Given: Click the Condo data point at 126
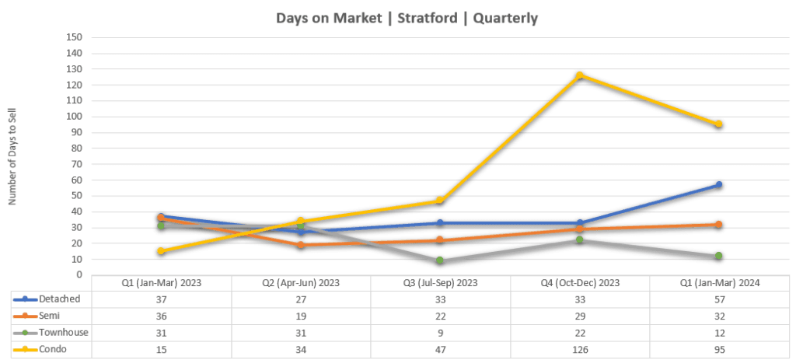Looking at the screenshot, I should pyautogui.click(x=579, y=75).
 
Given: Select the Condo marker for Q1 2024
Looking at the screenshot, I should pyautogui.click(x=719, y=124).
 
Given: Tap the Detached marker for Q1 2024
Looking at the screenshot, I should pyautogui.click(x=719, y=185).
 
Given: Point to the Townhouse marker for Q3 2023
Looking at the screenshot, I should pyautogui.click(x=440, y=260).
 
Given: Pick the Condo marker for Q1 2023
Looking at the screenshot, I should pyautogui.click(x=161, y=251).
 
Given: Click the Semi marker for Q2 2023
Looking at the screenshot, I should pyautogui.click(x=300, y=245).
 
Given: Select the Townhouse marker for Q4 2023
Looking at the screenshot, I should pyautogui.click(x=579, y=239).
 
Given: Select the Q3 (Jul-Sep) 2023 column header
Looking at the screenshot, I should pyautogui.click(x=440, y=284).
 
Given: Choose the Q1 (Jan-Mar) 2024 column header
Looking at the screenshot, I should pyautogui.click(x=719, y=284).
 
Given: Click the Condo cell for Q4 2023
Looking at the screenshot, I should pyautogui.click(x=579, y=350).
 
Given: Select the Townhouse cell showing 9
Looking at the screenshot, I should pyautogui.click(x=440, y=333).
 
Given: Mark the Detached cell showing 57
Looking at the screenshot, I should pyautogui.click(x=719, y=299).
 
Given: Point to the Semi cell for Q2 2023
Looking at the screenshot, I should pyautogui.click(x=300, y=316).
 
